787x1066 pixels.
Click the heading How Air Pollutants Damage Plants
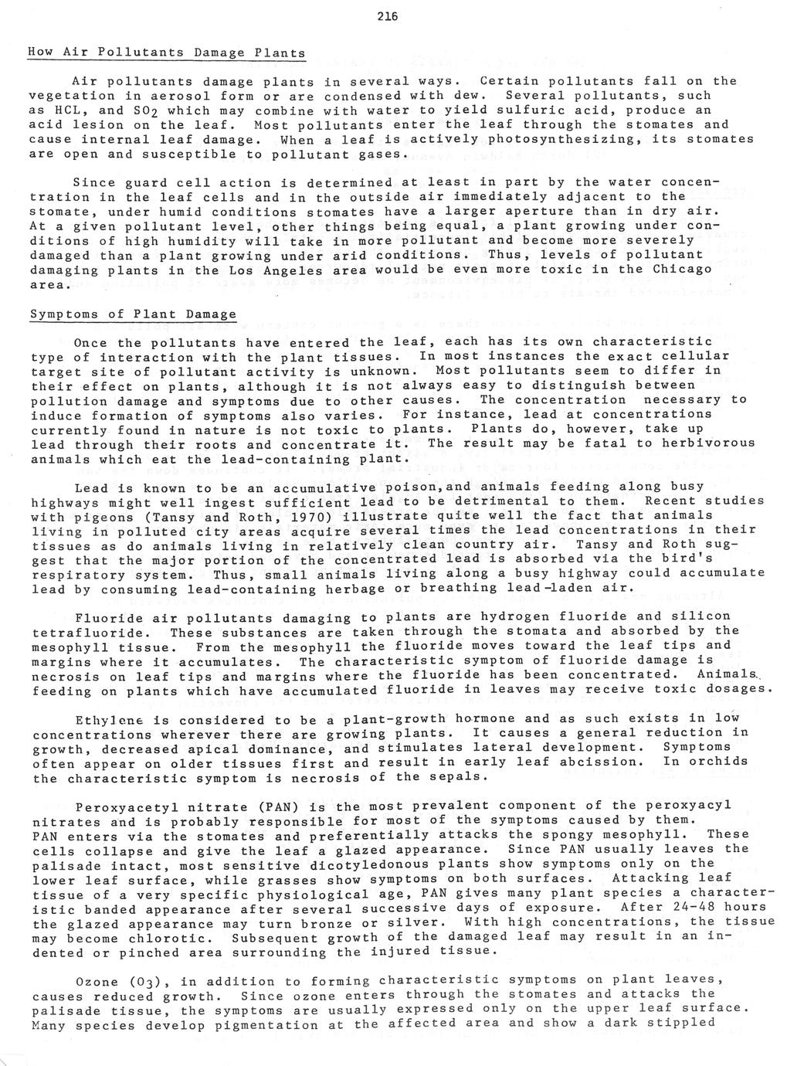tap(167, 53)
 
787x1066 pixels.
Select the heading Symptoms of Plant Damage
tap(133, 314)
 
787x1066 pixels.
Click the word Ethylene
tap(105, 718)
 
